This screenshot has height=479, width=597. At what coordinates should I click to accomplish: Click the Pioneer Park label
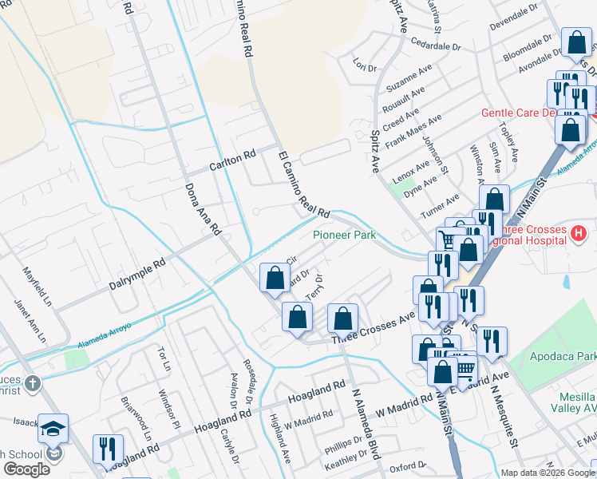coord(344,235)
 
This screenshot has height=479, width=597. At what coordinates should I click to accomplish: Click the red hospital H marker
coord(579,234)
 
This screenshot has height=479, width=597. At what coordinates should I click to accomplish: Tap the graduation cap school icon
coord(53,429)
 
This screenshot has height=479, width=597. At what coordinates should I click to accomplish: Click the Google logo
coord(26,469)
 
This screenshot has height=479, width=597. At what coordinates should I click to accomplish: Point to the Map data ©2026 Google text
coord(547,473)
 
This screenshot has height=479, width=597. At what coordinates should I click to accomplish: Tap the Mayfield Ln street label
coord(37,287)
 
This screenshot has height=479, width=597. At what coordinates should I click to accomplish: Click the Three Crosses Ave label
coord(374,327)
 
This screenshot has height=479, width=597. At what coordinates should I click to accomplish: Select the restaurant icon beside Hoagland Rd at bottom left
coord(107,449)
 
